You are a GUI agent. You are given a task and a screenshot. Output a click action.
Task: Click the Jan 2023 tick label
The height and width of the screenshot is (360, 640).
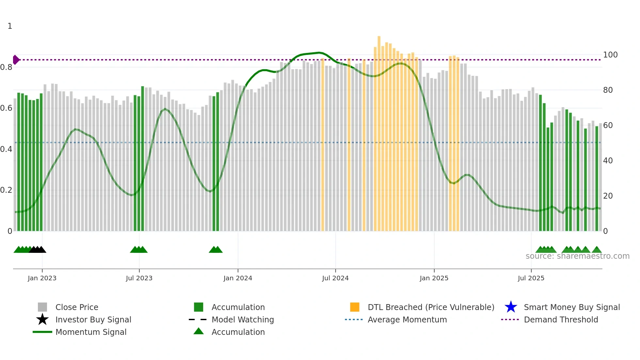click(42, 278)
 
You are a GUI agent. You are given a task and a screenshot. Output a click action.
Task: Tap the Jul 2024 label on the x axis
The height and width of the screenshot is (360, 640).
click(335, 278)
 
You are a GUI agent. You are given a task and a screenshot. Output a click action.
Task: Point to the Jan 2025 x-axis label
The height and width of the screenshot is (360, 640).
click(434, 278)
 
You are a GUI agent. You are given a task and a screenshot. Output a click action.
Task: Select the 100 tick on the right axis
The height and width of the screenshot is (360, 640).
click(610, 55)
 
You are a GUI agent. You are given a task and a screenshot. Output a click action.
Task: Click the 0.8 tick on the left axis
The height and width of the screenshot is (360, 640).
click(6, 67)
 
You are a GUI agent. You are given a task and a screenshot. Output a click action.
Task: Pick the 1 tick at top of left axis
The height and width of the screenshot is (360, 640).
click(10, 26)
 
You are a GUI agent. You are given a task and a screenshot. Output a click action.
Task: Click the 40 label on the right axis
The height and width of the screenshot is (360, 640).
click(608, 160)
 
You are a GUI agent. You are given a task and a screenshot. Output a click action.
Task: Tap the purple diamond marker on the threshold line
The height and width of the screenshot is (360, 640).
click(16, 60)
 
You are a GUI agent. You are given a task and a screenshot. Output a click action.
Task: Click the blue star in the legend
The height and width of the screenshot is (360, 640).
click(511, 307)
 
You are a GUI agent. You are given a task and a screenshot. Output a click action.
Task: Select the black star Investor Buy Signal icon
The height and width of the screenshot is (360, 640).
click(42, 319)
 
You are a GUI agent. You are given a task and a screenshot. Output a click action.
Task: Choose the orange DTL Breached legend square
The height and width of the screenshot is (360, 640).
click(355, 307)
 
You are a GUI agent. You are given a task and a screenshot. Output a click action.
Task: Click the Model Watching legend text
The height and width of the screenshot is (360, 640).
click(243, 319)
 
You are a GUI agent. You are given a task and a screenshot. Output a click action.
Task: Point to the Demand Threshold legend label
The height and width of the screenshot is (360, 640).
click(561, 319)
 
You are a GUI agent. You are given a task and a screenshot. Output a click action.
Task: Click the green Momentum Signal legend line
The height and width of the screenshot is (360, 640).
click(42, 332)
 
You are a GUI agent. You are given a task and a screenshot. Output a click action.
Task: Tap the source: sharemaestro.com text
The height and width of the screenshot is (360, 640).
click(577, 256)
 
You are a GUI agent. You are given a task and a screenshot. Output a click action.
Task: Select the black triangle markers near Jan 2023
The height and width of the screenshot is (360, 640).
click(38, 250)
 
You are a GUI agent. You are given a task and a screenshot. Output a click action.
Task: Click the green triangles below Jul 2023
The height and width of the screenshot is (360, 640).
click(139, 250)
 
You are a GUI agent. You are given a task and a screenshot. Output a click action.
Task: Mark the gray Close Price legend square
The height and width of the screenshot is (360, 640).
click(42, 307)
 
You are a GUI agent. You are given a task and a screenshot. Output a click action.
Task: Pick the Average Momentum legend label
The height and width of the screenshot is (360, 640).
click(407, 319)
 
